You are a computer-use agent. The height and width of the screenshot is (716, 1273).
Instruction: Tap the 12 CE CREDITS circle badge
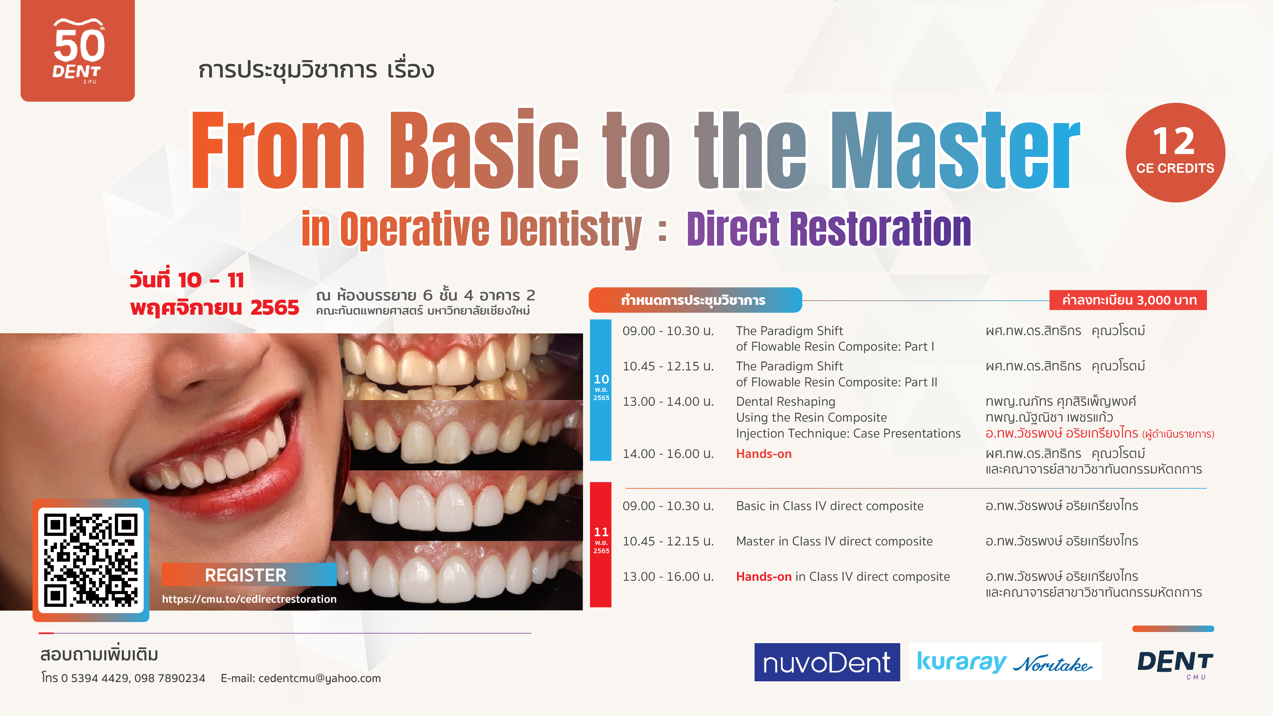[x=1175, y=152]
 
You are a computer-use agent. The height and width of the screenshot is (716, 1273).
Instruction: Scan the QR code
[x=91, y=560]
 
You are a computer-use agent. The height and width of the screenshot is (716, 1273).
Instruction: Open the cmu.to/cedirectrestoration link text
[x=249, y=599]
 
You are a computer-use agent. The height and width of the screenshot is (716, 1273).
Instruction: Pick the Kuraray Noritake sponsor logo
[x=1005, y=662]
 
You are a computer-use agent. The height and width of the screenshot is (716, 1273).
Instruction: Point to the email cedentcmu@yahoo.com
[x=319, y=678]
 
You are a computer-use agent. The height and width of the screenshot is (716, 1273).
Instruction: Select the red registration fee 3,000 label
[x=1128, y=300]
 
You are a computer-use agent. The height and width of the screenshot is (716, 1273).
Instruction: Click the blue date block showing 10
[x=601, y=390]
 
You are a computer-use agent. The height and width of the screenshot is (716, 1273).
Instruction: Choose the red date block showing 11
[x=601, y=544]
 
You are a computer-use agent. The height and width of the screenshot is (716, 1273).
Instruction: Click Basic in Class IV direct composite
[x=829, y=506]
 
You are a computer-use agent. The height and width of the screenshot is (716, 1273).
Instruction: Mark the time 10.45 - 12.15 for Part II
[x=668, y=366]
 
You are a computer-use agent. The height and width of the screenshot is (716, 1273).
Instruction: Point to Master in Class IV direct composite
[x=834, y=541]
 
